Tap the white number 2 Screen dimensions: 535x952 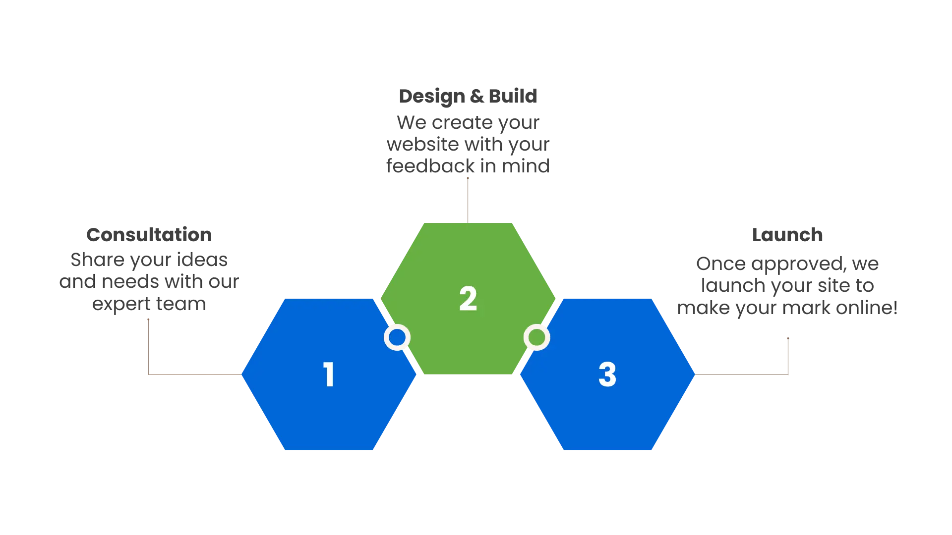click(468, 299)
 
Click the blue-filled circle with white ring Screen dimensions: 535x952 click(397, 337)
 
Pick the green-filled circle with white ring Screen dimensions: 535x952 click(536, 337)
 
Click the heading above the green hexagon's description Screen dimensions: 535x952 click(468, 96)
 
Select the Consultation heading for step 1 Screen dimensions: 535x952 click(149, 234)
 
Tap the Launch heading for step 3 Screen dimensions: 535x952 click(787, 234)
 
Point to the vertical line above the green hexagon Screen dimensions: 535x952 click(468, 198)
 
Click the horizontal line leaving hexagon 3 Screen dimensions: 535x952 click(741, 374)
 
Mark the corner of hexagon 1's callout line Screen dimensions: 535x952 click(148, 374)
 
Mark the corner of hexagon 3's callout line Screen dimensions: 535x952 click(788, 374)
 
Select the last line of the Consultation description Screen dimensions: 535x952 click(149, 306)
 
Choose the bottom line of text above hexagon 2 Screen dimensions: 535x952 click(468, 166)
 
